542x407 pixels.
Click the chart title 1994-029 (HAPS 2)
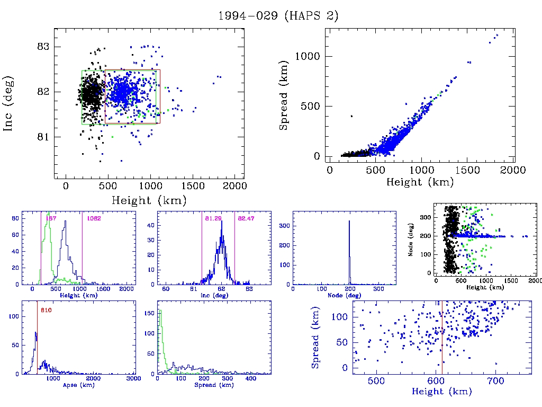coord(278,16)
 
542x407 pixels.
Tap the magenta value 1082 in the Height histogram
coord(94,218)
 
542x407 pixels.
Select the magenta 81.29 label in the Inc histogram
coord(212,218)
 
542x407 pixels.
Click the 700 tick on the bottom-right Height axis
coord(495,381)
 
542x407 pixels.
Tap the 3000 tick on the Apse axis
coord(133,379)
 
